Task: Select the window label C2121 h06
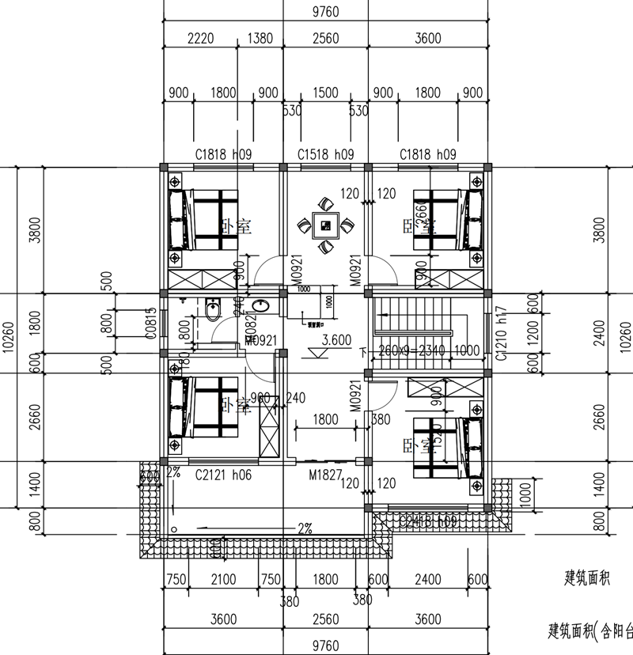pyautogui.click(x=222, y=474)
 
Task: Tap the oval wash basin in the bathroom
pyautogui.click(x=259, y=307)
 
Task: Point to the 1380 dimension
pyautogui.click(x=260, y=40)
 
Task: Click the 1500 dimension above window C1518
pyautogui.click(x=325, y=93)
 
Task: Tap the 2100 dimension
pyautogui.click(x=224, y=579)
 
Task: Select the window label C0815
pyautogui.click(x=150, y=324)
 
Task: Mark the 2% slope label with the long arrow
pyautogui.click(x=304, y=527)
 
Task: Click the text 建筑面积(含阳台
pyautogui.click(x=589, y=630)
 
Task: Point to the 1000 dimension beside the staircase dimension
pyautogui.click(x=466, y=350)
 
